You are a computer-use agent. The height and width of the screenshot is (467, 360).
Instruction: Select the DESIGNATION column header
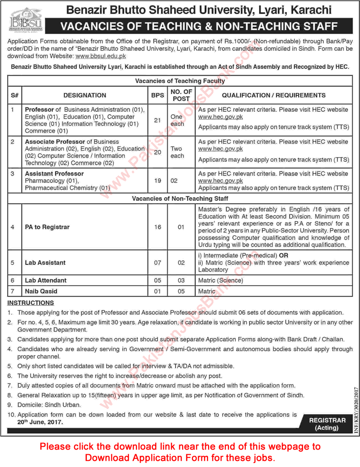[84, 95]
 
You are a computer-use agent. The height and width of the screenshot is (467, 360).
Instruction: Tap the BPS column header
[157, 95]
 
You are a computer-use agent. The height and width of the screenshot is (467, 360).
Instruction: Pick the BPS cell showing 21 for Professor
[157, 120]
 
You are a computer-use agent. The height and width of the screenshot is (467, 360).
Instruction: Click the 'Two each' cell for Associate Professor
[177, 152]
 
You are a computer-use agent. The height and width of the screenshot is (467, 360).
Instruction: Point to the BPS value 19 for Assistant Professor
[157, 181]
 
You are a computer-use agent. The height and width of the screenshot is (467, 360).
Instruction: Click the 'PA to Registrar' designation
[47, 227]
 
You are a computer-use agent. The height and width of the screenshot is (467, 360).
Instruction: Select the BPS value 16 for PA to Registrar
[157, 227]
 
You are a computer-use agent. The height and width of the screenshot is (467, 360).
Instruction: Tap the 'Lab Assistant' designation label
[45, 262]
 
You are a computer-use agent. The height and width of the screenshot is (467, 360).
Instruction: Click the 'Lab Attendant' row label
[46, 280]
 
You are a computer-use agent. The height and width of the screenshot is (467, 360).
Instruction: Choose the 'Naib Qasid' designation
[41, 292]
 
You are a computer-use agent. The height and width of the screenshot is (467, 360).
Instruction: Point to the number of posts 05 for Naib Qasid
[181, 292]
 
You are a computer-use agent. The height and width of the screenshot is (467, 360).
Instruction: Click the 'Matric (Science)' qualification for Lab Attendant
[220, 280]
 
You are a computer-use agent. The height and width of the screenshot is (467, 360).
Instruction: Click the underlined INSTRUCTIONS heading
[31, 302]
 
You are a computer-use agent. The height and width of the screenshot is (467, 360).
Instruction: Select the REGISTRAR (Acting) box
[327, 424]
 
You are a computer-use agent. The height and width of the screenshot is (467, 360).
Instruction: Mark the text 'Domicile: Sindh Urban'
[49, 405]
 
